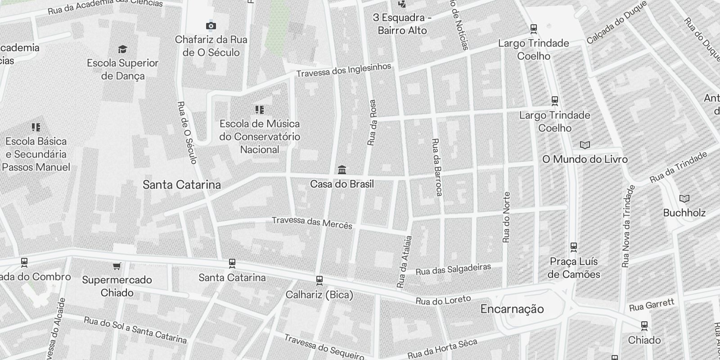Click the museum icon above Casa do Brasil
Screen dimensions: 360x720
342,170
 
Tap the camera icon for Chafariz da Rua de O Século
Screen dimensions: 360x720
211,26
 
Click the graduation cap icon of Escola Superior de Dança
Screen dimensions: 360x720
122,49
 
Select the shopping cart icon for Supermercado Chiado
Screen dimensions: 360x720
117,266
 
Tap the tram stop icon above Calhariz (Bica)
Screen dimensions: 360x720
319,280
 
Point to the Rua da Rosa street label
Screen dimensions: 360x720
372,122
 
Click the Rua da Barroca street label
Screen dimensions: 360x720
436,167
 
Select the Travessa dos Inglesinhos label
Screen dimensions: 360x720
344,70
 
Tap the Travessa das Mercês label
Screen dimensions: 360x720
312,222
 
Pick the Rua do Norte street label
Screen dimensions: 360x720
507,217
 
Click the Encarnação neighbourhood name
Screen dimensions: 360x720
512,309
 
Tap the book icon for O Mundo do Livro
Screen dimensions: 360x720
585,145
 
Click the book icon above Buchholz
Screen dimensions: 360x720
684,198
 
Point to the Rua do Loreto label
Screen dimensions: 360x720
443,300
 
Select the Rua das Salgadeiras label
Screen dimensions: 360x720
453,269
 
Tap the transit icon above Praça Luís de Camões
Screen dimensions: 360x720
574,247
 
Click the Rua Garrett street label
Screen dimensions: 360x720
652,305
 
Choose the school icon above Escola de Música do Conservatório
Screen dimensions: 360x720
259,110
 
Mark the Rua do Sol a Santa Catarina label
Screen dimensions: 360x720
135,329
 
